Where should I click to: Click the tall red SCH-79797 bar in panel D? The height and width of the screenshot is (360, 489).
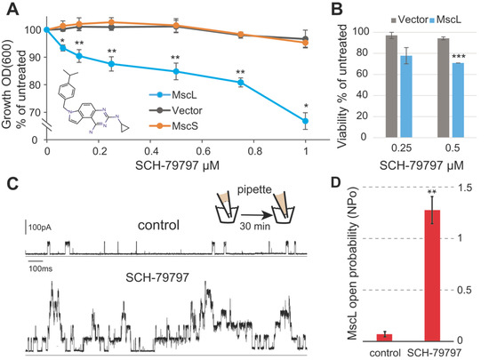(x=433, y=276)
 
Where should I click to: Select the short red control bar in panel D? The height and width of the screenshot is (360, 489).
(x=384, y=337)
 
